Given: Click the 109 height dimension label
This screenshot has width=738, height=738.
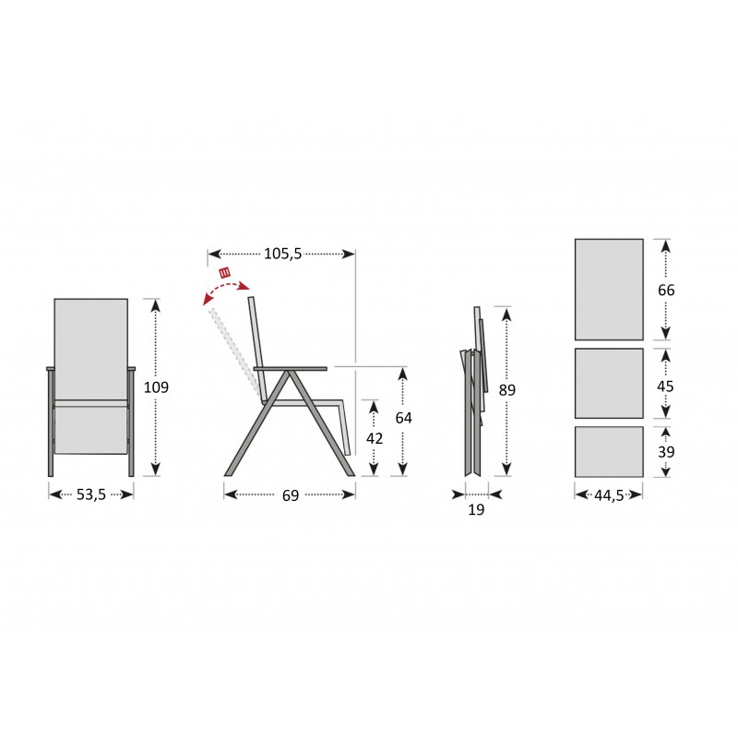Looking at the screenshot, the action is tap(156, 387).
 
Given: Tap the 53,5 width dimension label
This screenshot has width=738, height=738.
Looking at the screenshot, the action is tap(91, 494).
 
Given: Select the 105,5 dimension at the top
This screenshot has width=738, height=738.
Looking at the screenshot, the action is tap(282, 254).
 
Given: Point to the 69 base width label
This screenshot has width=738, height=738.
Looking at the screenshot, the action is tap(291, 495).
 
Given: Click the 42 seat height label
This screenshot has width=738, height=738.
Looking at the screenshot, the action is tap(375, 439).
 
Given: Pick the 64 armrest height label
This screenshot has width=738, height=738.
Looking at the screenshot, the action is tap(403, 418).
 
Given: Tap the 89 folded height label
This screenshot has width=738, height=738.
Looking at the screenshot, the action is tap(506, 389).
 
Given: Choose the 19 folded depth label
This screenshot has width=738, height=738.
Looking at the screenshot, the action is tap(476, 509).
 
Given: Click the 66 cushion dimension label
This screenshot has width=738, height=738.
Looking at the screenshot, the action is tap(666, 290).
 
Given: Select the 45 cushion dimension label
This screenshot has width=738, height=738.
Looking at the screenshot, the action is tap(665, 387).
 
